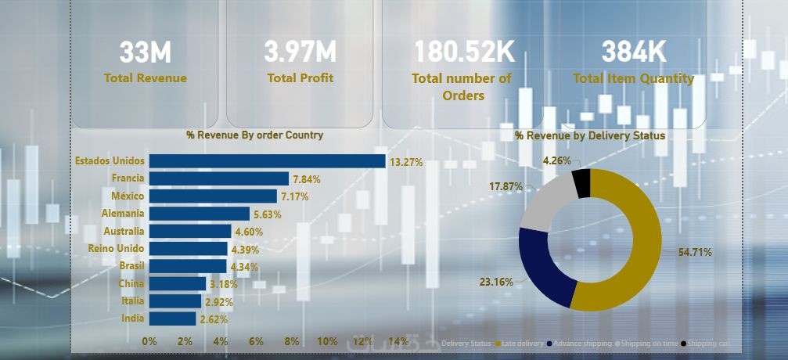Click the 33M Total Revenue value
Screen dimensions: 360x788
click(x=146, y=52)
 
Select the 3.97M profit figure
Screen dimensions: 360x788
click(x=300, y=52)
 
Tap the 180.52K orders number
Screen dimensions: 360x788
click(x=465, y=52)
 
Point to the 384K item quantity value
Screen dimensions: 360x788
click(x=634, y=52)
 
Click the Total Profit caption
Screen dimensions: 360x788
click(x=300, y=78)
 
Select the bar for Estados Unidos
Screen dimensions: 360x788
click(x=267, y=161)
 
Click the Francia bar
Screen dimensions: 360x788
click(x=219, y=178)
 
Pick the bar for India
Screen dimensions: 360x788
click(x=172, y=319)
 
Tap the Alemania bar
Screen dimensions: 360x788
click(x=200, y=213)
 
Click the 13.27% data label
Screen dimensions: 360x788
click(x=406, y=163)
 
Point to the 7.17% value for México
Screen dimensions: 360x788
click(x=294, y=196)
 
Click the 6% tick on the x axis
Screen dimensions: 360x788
click(x=256, y=341)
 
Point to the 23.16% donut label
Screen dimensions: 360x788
click(x=496, y=282)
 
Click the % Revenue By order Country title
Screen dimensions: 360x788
click(x=254, y=135)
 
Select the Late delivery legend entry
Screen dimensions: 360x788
click(x=523, y=344)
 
